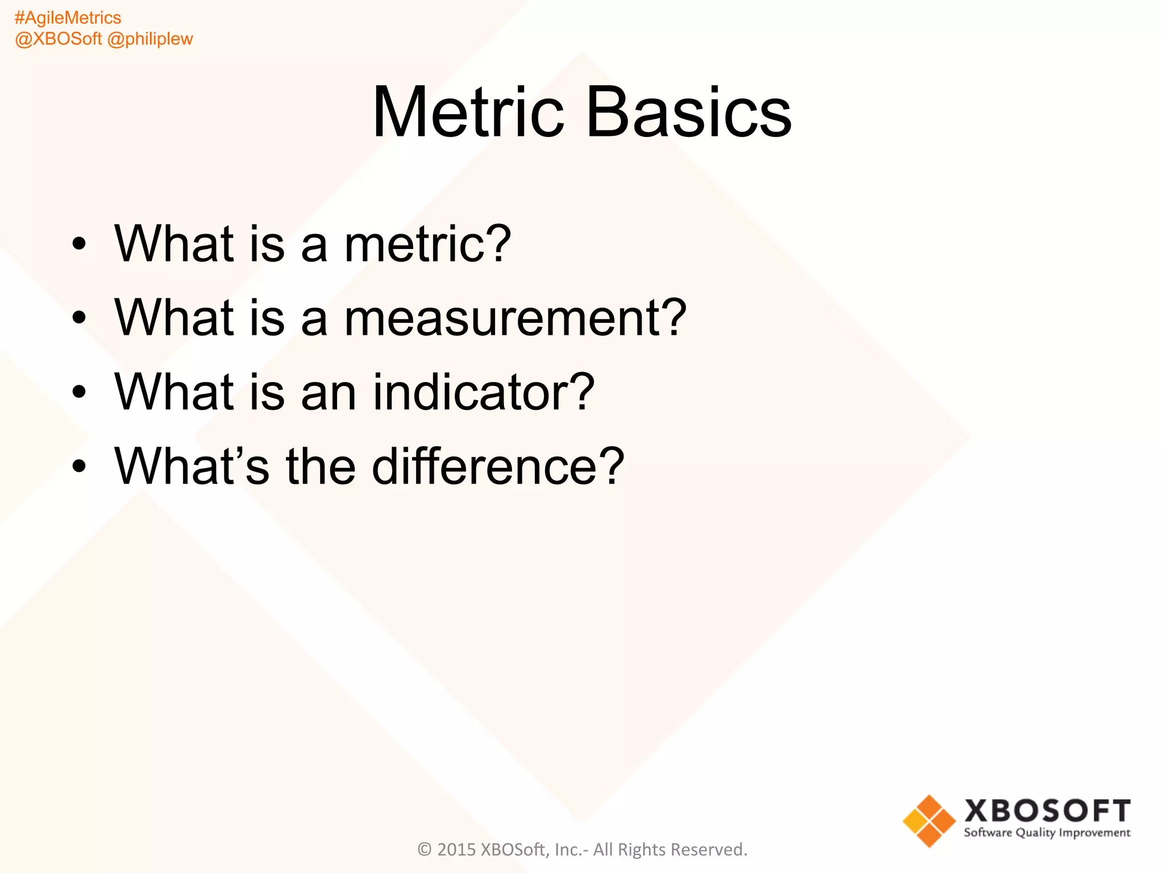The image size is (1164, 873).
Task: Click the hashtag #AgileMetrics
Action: pos(68,18)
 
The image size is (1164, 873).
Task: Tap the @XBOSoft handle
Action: pos(58,39)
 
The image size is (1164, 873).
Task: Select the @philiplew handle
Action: pos(150,39)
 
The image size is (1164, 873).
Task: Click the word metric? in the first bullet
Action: pos(427,244)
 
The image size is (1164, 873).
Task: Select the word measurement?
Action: pos(515,318)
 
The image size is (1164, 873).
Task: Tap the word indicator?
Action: pos(483,392)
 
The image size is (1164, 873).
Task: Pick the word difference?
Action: pos(498,466)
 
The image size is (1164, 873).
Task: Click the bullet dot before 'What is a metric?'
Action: pos(79,244)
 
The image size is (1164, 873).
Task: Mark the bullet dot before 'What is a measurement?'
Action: pos(79,318)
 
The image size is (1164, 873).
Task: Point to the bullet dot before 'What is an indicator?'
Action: pos(79,392)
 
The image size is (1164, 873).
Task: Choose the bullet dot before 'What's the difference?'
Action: pos(79,467)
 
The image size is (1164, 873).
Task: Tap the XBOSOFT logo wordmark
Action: pos(1047,811)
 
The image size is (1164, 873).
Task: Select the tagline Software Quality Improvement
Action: pos(1047,833)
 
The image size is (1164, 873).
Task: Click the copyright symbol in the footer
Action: pos(425,850)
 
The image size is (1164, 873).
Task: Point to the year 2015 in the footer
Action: pos(456,850)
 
